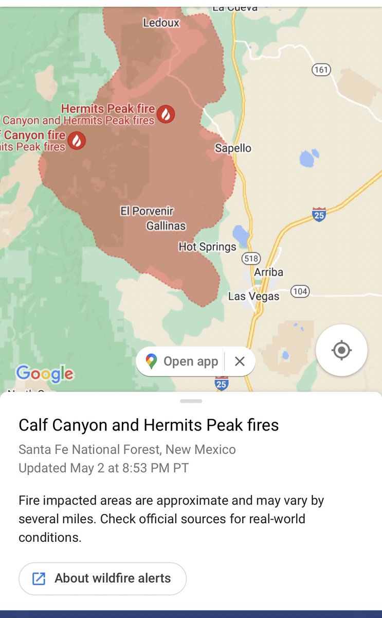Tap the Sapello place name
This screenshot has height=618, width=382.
click(x=233, y=148)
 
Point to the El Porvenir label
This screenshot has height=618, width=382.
click(x=147, y=211)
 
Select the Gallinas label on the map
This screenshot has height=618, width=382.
click(x=166, y=226)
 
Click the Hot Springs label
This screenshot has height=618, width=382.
click(x=207, y=247)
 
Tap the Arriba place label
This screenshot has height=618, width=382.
click(x=268, y=272)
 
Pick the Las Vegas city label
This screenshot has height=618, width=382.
click(x=253, y=297)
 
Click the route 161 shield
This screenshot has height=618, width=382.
click(x=321, y=70)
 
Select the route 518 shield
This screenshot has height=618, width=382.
click(x=252, y=259)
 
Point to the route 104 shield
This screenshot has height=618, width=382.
click(x=300, y=292)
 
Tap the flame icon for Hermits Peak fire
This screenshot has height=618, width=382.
click(x=166, y=113)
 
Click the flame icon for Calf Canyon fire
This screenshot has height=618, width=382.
click(x=77, y=140)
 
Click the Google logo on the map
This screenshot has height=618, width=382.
click(x=45, y=374)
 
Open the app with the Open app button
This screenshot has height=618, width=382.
click(x=183, y=362)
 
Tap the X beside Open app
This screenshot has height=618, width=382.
click(x=240, y=362)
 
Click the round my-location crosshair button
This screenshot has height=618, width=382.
click(x=341, y=350)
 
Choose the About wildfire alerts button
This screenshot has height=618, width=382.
click(x=102, y=578)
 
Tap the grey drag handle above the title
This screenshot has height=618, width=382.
click(x=191, y=401)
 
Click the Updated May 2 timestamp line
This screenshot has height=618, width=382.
click(x=103, y=468)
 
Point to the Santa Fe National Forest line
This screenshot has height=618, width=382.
click(x=127, y=450)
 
